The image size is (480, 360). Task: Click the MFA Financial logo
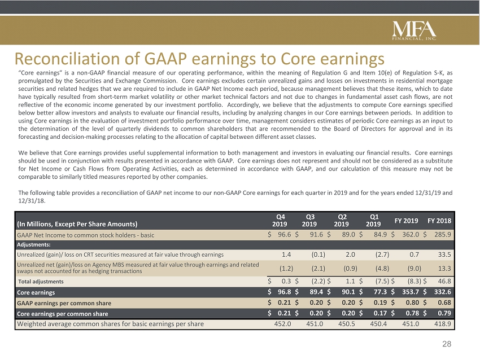point(414,30)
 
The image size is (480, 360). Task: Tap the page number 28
point(447,344)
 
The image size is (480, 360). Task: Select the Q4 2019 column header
point(280,221)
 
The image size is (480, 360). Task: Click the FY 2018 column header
point(439,221)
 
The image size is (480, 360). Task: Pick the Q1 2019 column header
point(373,221)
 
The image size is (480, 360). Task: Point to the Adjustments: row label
point(34,245)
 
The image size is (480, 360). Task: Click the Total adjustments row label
point(41,282)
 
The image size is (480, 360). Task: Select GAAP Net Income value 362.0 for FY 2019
point(411,235)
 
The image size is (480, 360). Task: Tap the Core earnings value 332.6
point(442,292)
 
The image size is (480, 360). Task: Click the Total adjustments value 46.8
point(444,281)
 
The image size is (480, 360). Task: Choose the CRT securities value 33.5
point(444,254)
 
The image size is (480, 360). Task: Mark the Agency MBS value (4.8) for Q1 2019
point(382,269)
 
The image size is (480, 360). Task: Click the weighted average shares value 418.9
point(443,323)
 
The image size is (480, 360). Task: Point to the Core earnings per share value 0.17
point(381,313)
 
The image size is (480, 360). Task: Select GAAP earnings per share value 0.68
point(444,302)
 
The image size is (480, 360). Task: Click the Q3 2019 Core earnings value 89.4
point(316,292)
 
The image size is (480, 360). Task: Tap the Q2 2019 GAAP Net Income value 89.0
point(348,235)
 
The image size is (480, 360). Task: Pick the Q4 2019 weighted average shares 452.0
point(282,323)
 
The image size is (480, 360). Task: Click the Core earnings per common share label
point(63,314)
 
